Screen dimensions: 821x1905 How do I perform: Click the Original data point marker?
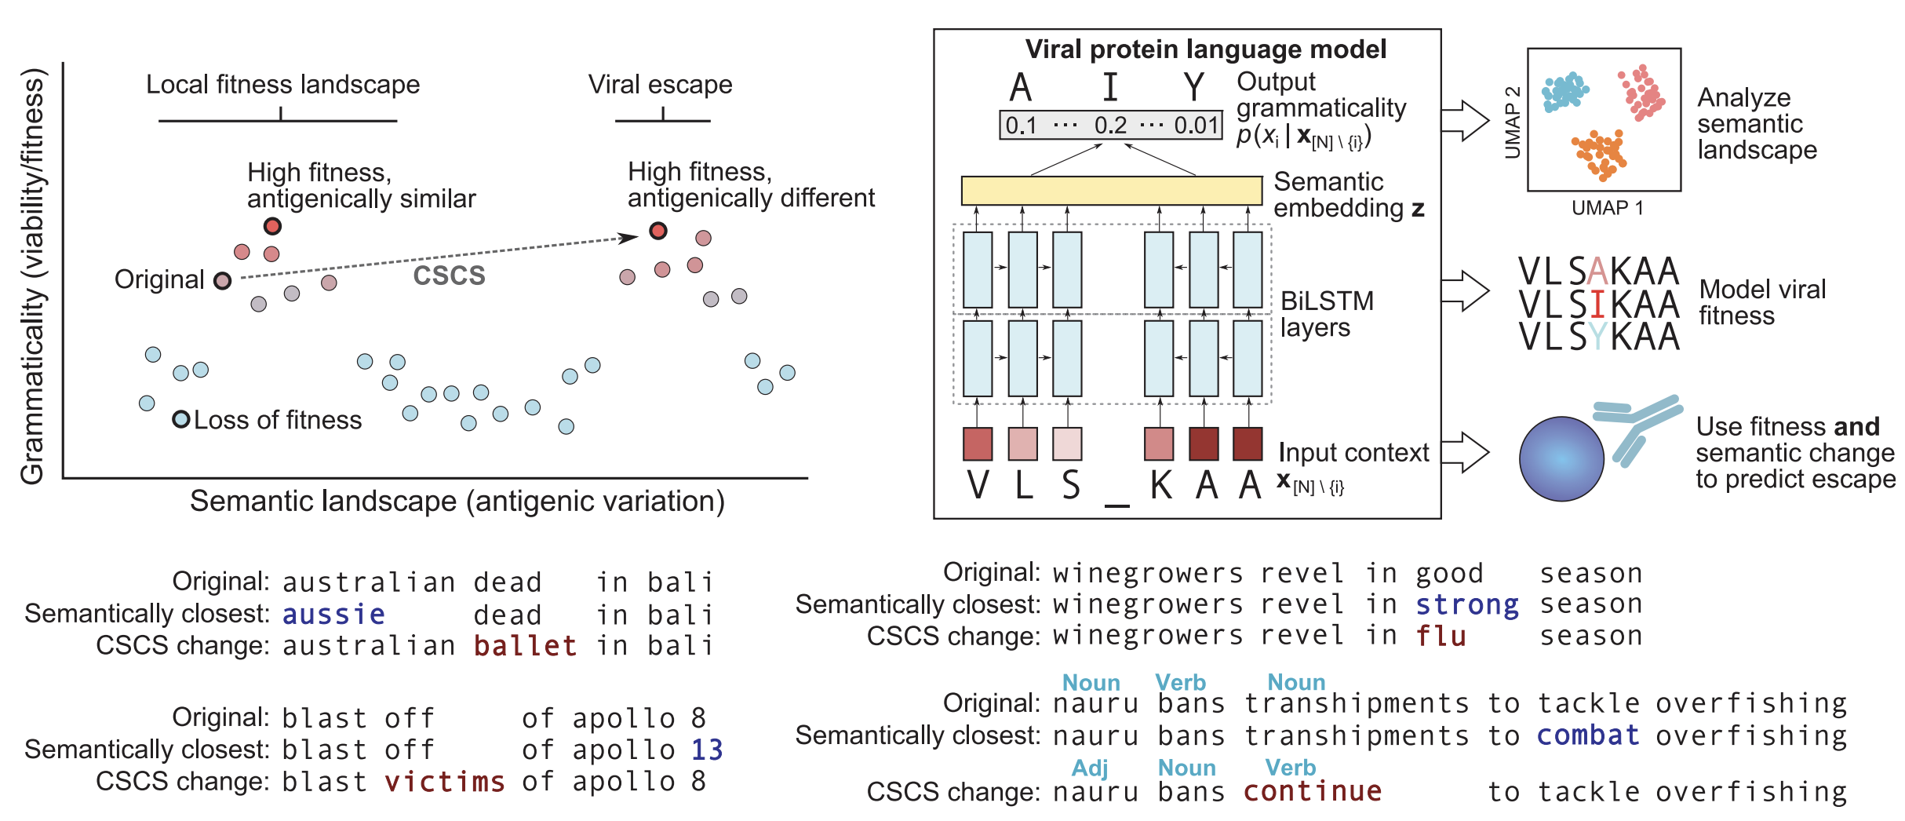pyautogui.click(x=223, y=281)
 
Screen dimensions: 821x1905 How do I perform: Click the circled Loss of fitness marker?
pyautogui.click(x=181, y=419)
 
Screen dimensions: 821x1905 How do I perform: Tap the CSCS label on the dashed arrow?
pyautogui.click(x=449, y=275)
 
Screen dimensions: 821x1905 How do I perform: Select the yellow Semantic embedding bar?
pyautogui.click(x=1111, y=191)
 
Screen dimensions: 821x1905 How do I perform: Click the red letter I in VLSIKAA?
pyautogui.click(x=1597, y=305)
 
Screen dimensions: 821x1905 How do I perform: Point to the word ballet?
pyautogui.click(x=525, y=646)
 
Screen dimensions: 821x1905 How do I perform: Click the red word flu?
pyautogui.click(x=1441, y=636)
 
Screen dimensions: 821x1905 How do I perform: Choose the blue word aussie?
pyautogui.click(x=333, y=615)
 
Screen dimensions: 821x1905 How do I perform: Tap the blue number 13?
pyautogui.click(x=706, y=750)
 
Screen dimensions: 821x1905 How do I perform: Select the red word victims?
pyautogui.click(x=444, y=782)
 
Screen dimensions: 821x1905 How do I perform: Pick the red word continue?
pyautogui.click(x=1312, y=791)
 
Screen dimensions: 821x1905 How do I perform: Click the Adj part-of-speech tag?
pyautogui.click(x=1090, y=768)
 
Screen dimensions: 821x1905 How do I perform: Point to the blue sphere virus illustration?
pyautogui.click(x=1561, y=458)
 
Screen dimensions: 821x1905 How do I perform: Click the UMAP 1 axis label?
pyautogui.click(x=1607, y=208)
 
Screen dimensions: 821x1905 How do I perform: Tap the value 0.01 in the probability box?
pyautogui.click(x=1196, y=126)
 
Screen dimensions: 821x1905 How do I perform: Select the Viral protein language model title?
pyautogui.click(x=1205, y=49)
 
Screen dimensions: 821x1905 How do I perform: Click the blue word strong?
pyautogui.click(x=1466, y=605)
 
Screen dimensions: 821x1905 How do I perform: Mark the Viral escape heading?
pyautogui.click(x=660, y=85)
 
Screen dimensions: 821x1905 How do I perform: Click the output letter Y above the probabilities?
pyautogui.click(x=1193, y=87)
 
